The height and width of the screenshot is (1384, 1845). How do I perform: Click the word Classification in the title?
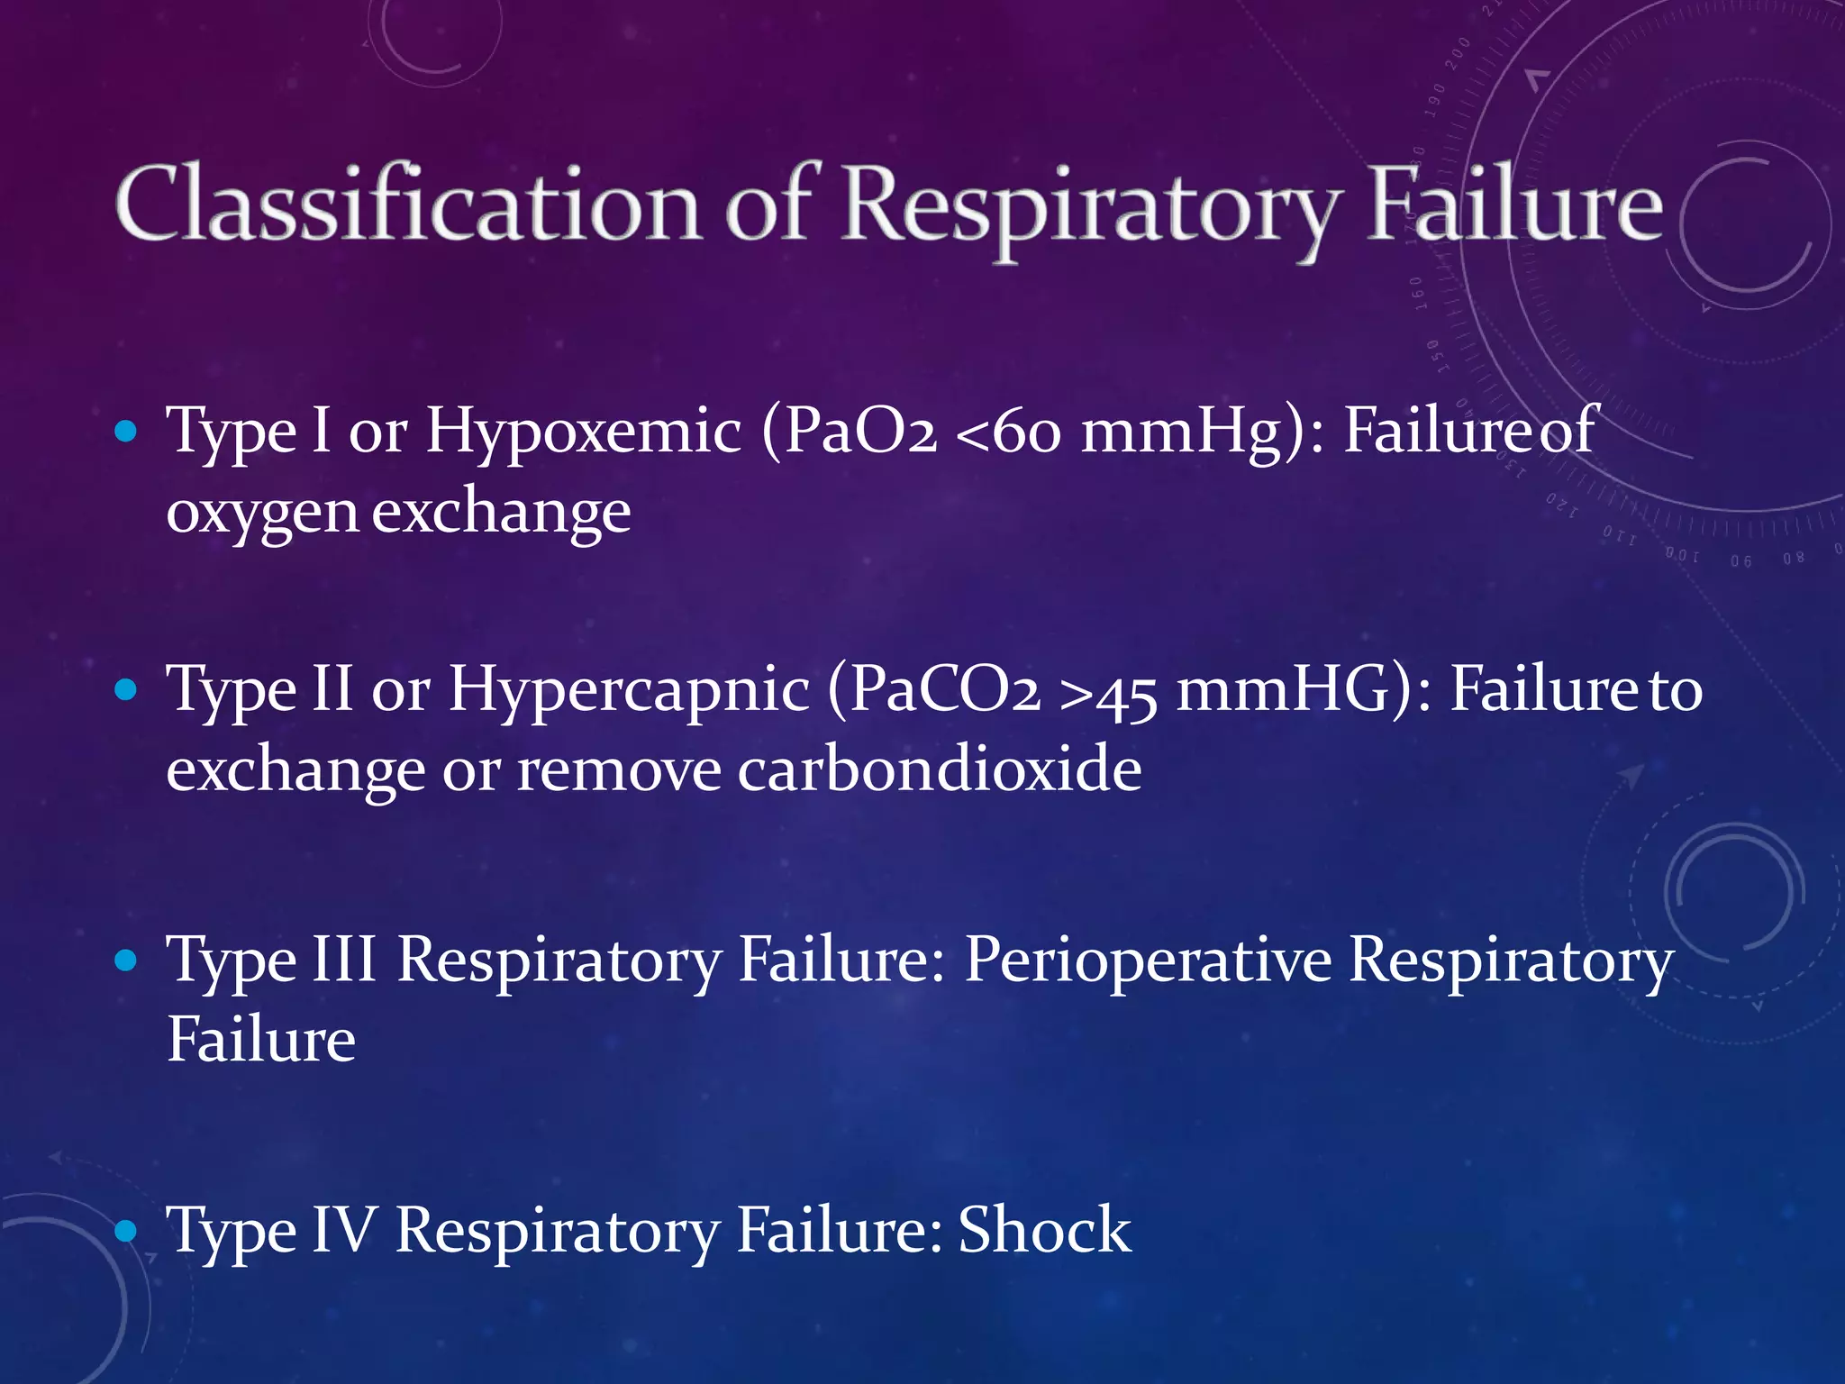[x=407, y=205]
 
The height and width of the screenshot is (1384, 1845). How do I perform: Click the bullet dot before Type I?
[x=126, y=432]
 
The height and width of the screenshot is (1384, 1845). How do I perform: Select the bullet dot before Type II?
[x=126, y=690]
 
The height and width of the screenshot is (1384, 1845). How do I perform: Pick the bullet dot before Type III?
[x=126, y=961]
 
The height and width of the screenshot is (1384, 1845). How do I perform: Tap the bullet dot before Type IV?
[x=126, y=1230]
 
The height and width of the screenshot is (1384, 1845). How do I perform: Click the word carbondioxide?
[x=940, y=770]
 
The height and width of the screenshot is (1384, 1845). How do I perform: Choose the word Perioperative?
[x=1148, y=961]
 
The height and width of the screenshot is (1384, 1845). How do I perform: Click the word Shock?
[x=1044, y=1230]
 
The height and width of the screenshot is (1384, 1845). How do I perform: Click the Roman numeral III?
[x=344, y=961]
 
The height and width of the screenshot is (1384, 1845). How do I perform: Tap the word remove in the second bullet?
[x=619, y=770]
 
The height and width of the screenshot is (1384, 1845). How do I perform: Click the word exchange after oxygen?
[x=502, y=512]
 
